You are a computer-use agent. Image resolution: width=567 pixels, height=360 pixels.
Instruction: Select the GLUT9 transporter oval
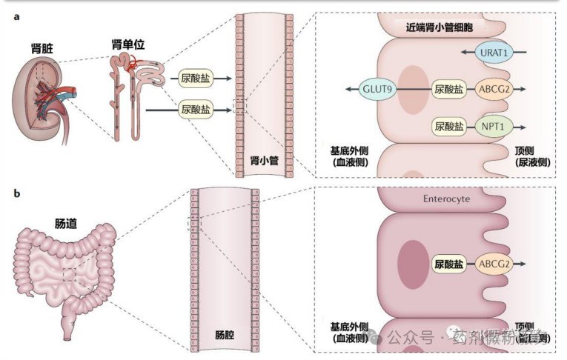coord(377,88)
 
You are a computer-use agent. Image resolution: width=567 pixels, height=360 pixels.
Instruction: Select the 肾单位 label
coord(127,45)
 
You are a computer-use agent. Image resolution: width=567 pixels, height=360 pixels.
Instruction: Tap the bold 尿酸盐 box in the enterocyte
coord(449,263)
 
